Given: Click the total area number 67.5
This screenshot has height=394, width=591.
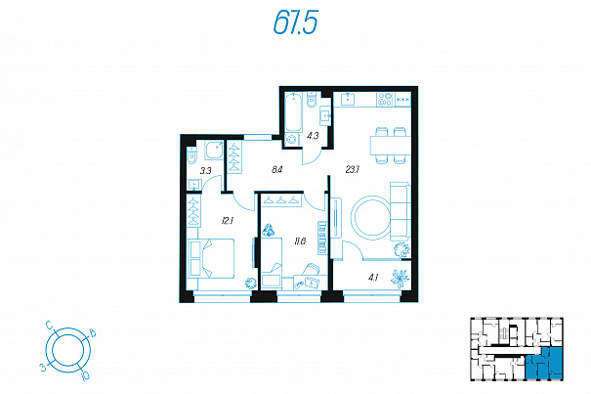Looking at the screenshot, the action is coord(295,22).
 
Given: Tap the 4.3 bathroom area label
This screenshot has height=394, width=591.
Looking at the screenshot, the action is coord(313,136).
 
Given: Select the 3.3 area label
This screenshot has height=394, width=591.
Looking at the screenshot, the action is coord(206,170).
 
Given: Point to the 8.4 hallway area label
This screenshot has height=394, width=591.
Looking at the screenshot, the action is coord(277,170).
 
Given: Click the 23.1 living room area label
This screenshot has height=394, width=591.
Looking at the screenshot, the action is coord(353,170).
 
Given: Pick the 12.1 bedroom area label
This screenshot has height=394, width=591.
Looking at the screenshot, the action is coord(228,221).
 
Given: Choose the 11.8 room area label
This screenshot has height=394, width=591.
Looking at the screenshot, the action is coord(300,241).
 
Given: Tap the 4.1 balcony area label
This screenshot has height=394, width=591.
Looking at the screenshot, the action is coord(373,279).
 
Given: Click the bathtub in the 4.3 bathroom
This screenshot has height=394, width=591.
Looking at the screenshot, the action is coord(294,111).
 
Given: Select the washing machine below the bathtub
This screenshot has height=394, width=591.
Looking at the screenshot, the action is coord(292,139).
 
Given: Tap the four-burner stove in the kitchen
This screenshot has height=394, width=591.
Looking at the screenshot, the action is coord(385,100).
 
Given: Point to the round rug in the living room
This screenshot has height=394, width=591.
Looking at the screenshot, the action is coord(372,217).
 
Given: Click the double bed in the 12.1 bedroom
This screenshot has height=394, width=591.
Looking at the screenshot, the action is coord(211,258).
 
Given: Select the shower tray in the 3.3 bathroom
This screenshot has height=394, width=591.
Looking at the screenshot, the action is coord(215,150).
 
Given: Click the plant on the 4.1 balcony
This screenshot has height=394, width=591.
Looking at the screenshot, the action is coord(400,279).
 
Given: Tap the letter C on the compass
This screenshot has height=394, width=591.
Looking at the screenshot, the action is coord(49,325).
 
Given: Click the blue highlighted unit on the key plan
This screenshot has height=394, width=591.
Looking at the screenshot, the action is coord(544,363).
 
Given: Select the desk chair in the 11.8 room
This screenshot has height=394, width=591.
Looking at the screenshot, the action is coord(311,270).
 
